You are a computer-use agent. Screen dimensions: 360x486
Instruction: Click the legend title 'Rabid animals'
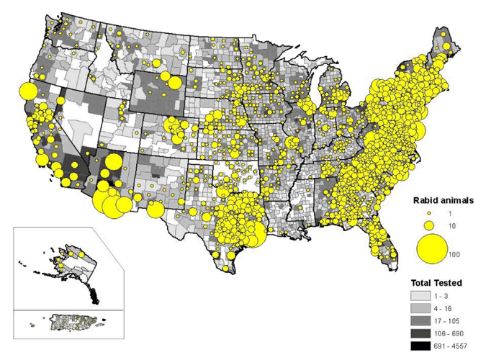click(442, 201)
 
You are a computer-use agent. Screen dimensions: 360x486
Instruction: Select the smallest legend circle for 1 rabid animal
click(429, 214)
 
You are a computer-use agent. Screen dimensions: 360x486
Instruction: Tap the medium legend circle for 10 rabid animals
click(430, 226)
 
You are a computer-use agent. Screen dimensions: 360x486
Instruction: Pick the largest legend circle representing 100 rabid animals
click(431, 249)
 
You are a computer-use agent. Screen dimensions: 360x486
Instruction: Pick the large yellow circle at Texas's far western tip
click(156, 210)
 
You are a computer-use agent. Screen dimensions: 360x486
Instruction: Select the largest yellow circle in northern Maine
click(449, 48)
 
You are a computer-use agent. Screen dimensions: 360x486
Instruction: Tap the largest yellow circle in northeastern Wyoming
click(166, 76)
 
